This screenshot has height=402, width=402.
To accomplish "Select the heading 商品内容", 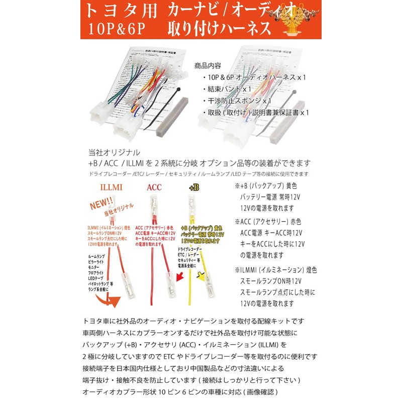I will click(x=208, y=66).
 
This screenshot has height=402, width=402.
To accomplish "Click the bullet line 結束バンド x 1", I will click(x=230, y=89).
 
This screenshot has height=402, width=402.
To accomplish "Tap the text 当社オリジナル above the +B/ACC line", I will click(x=114, y=152).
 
